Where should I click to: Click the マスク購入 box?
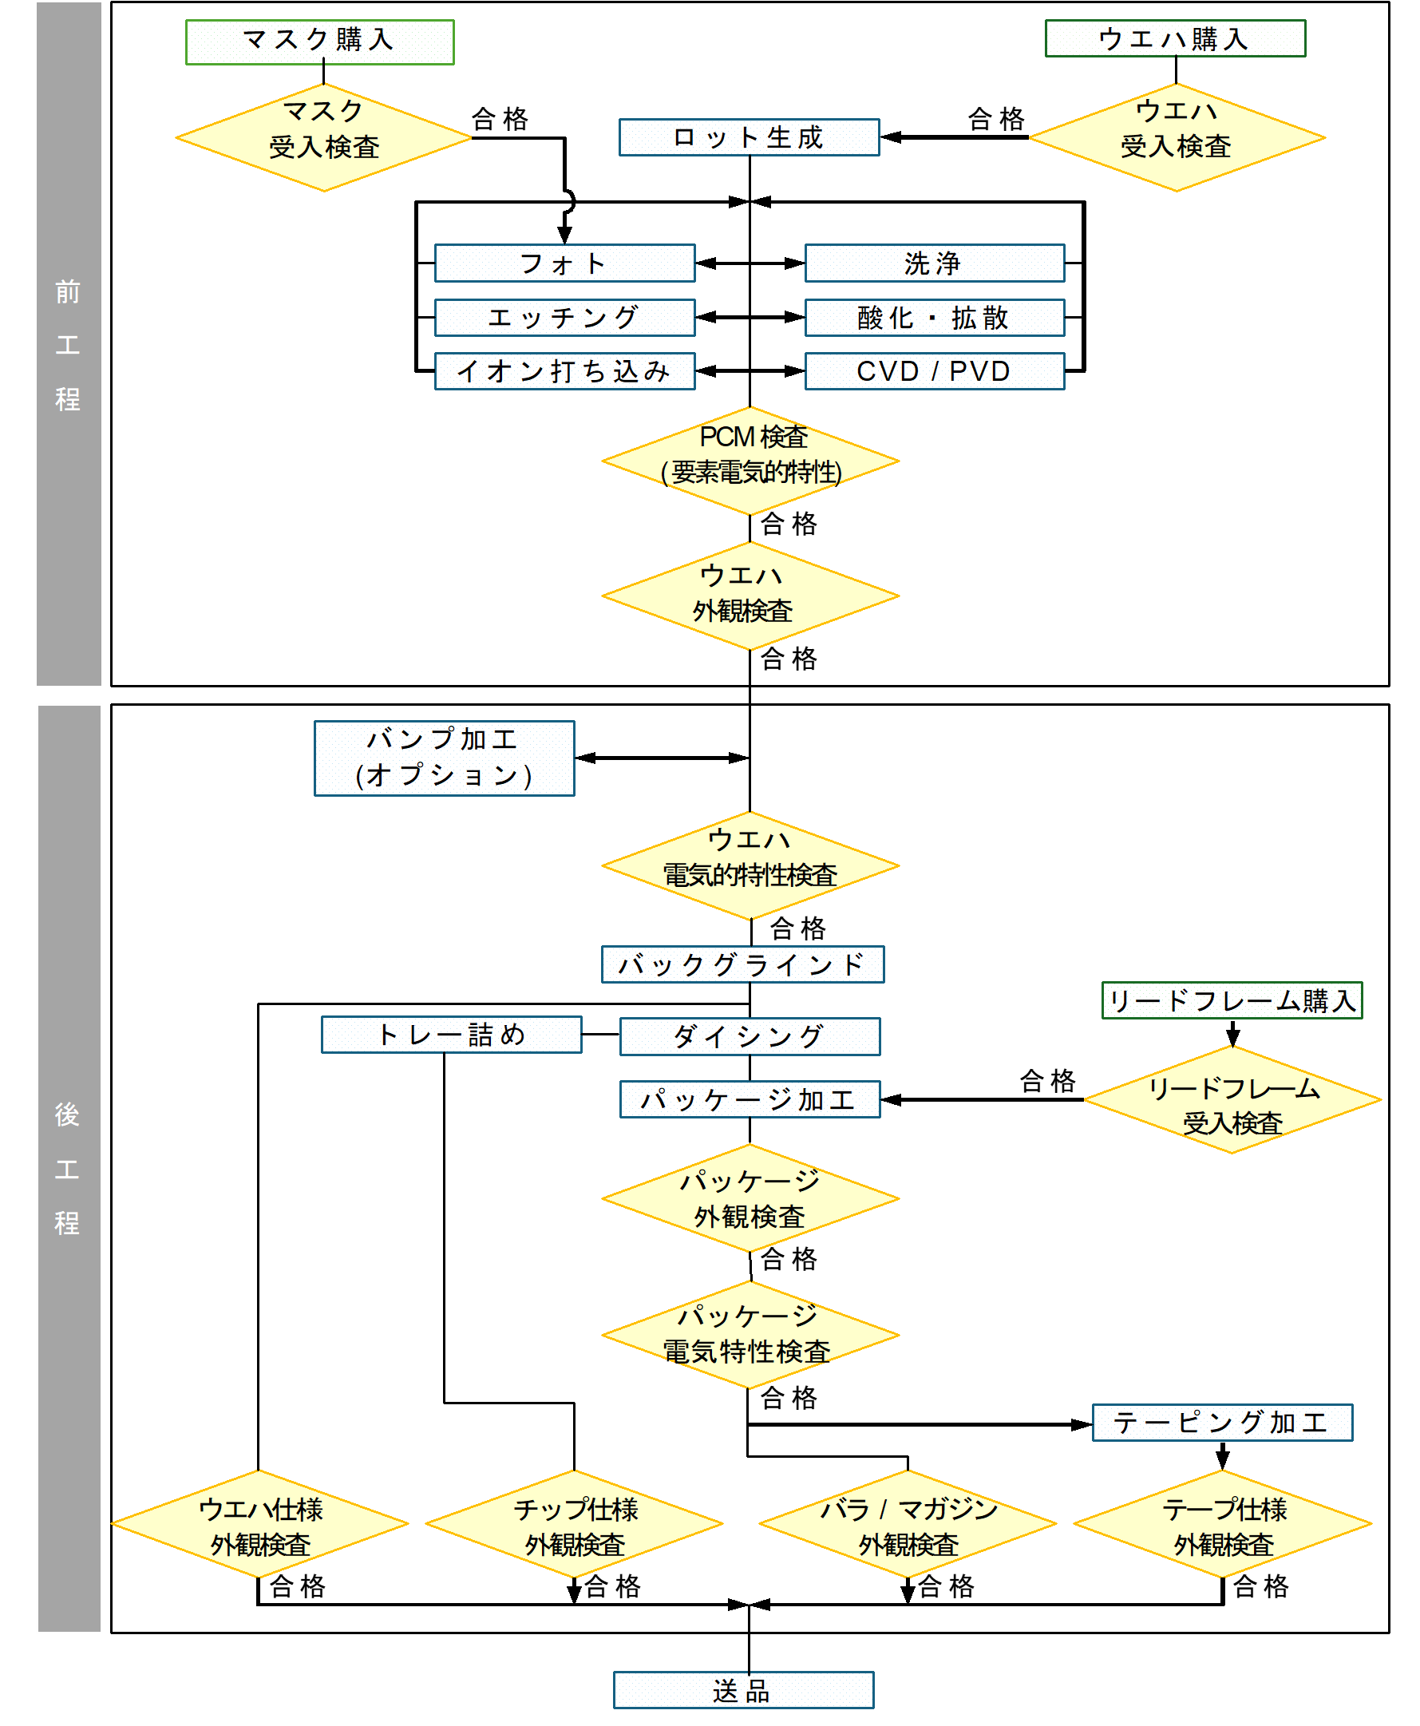320,42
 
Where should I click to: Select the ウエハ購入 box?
1175,38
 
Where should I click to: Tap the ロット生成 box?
749,137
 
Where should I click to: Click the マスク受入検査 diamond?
324,137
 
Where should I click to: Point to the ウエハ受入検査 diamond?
1177,137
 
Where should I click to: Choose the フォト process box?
564,263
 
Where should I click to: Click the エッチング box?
564,318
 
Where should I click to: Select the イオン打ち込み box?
564,371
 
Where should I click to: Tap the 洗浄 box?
934,263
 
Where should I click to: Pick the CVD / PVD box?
934,371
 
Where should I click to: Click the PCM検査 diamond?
750,461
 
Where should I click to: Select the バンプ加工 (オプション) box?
444,758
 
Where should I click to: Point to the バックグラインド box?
742,964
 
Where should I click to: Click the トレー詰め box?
452,1035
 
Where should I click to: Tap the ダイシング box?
750,1036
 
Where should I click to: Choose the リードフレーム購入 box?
1232,1000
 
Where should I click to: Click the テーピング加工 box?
1222,1423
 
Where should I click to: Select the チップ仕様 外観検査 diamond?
574,1524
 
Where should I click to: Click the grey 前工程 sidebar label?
69,343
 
